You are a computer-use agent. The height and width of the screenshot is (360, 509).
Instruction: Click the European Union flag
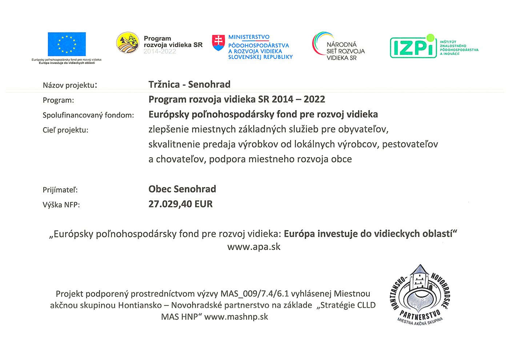coord(67,44)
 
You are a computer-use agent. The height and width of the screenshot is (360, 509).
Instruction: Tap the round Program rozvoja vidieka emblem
coord(128,43)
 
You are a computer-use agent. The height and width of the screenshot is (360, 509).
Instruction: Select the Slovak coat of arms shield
coord(219,43)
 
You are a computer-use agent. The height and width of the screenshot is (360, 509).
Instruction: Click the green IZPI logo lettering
coord(413,47)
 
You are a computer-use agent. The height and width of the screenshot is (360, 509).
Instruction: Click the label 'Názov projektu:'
coord(70,85)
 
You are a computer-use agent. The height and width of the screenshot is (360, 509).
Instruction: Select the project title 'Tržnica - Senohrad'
coord(189,84)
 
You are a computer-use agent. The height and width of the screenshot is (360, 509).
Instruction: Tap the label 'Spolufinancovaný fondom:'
coord(88,115)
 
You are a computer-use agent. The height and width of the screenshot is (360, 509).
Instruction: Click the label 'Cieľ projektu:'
coord(65,130)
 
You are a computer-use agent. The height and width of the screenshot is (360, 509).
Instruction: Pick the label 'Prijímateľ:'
coord(60,190)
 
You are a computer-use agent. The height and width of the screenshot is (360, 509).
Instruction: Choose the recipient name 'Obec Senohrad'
coord(182,189)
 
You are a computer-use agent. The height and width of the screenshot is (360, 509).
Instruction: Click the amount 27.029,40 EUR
coord(180,204)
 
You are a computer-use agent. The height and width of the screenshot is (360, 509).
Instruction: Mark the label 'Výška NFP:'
coord(61,205)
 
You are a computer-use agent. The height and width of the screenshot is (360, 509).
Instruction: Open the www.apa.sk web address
coord(254,247)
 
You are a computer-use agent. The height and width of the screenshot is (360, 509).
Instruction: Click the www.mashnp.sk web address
coord(236,317)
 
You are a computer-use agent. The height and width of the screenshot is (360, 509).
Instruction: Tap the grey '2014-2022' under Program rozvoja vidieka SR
coord(160,52)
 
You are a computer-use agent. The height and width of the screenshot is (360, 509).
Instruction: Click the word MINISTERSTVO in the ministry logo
coord(249,37)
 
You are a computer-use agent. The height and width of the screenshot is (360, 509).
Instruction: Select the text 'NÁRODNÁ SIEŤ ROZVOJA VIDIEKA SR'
coord(345,51)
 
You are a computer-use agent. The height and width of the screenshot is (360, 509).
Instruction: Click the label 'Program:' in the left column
coord(58,100)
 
